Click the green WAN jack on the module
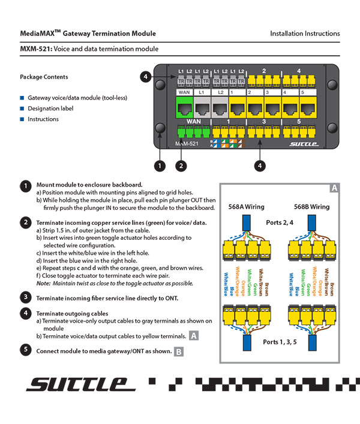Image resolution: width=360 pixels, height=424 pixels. (184, 109)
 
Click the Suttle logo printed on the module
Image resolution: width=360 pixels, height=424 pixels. (302, 144)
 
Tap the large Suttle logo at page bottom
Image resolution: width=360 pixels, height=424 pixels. (77, 384)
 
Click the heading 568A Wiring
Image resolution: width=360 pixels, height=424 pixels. (246, 207)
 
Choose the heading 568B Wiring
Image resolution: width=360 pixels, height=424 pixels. (311, 207)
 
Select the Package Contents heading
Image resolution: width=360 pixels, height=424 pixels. (44, 77)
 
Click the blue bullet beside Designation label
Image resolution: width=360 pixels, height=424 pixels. (22, 109)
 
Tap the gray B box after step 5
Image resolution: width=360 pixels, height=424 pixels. (179, 352)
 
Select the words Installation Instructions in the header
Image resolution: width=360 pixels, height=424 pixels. (305, 34)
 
